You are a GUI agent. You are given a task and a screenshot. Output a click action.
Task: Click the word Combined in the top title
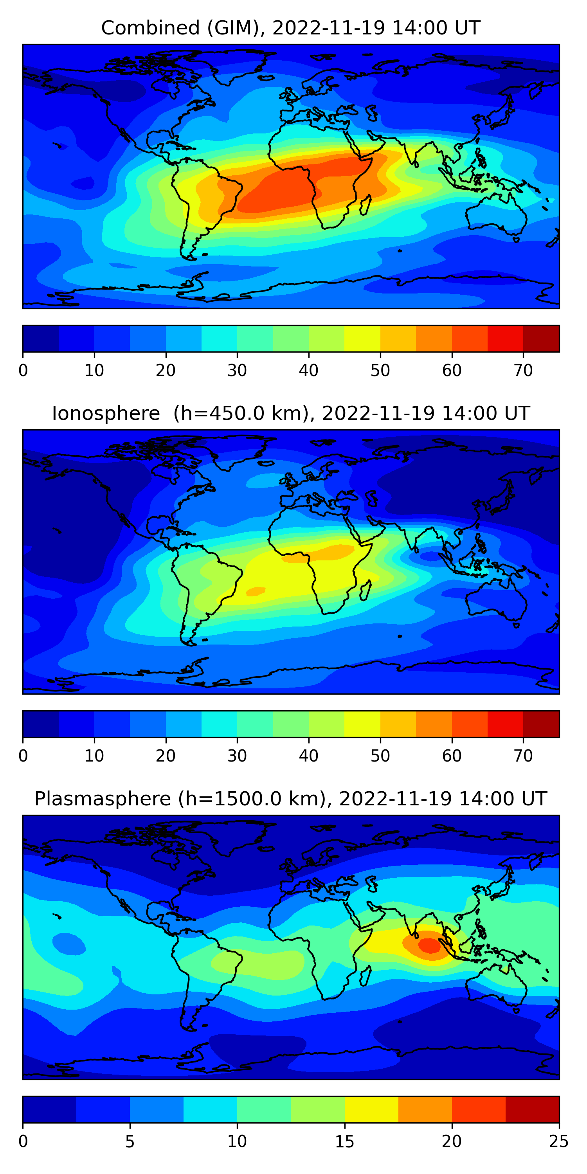[150, 28]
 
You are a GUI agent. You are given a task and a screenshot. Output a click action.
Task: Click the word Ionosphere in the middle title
[106, 413]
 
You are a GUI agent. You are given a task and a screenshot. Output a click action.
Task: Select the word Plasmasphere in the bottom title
[103, 799]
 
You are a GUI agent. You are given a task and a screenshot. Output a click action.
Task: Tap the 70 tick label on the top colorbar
[523, 371]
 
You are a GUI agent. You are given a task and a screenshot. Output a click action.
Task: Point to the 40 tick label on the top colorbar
[308, 371]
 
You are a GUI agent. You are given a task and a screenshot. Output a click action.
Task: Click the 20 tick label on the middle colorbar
[166, 756]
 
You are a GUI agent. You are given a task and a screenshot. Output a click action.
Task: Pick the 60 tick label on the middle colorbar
[452, 756]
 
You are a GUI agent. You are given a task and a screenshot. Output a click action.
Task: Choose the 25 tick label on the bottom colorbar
[559, 1142]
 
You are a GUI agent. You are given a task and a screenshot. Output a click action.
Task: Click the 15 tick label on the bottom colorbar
[344, 1142]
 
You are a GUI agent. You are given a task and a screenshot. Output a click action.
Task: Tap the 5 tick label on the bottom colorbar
[130, 1142]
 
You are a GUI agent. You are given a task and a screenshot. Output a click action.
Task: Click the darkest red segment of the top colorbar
[541, 339]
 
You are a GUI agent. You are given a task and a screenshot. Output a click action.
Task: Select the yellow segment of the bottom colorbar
[371, 1110]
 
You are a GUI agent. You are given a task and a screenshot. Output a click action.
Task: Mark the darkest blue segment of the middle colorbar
[41, 724]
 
